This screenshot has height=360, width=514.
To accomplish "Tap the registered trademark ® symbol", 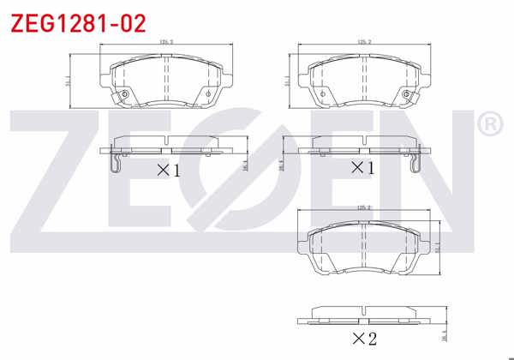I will (x=489, y=125).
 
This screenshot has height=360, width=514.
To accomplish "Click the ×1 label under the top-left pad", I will (x=168, y=170).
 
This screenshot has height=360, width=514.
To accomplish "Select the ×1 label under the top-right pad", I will (x=362, y=169).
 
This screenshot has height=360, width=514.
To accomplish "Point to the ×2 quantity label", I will (x=362, y=339).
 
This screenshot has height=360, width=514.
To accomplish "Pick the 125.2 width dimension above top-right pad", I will (x=362, y=41).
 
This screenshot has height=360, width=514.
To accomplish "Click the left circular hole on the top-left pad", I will (x=125, y=94).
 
